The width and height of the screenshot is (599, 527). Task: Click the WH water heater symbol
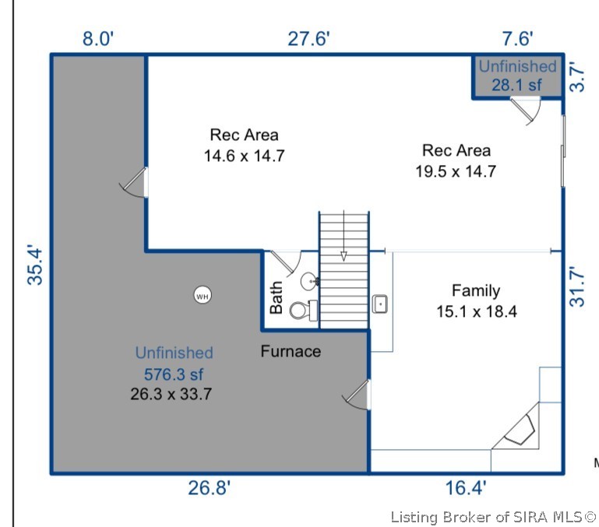pos(203,295)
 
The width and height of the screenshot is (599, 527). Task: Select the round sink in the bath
pos(310,282)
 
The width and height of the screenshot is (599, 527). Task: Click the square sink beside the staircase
pos(379,304)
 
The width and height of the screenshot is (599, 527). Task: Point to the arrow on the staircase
pos(344,236)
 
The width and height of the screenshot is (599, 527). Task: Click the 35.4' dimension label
pos(35,265)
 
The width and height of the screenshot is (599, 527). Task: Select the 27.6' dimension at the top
pos(308,39)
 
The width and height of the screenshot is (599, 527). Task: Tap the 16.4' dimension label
pos(466,488)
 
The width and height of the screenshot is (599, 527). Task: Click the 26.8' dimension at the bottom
pos(210,488)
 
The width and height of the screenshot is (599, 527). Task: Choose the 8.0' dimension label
pos(98,39)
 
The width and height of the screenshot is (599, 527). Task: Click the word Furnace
pos(291,351)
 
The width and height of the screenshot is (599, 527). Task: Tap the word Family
pos(476,290)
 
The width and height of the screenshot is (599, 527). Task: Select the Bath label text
pos(276,297)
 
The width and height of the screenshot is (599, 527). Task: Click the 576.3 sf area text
pos(174,374)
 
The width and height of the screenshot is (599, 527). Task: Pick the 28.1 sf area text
pos(516,85)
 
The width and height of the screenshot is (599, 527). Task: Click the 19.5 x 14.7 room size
pos(456,171)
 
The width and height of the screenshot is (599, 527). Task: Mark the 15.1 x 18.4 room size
pos(477,311)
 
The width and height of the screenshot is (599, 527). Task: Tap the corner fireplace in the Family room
pos(520,430)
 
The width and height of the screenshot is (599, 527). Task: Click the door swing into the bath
pos(287,262)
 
